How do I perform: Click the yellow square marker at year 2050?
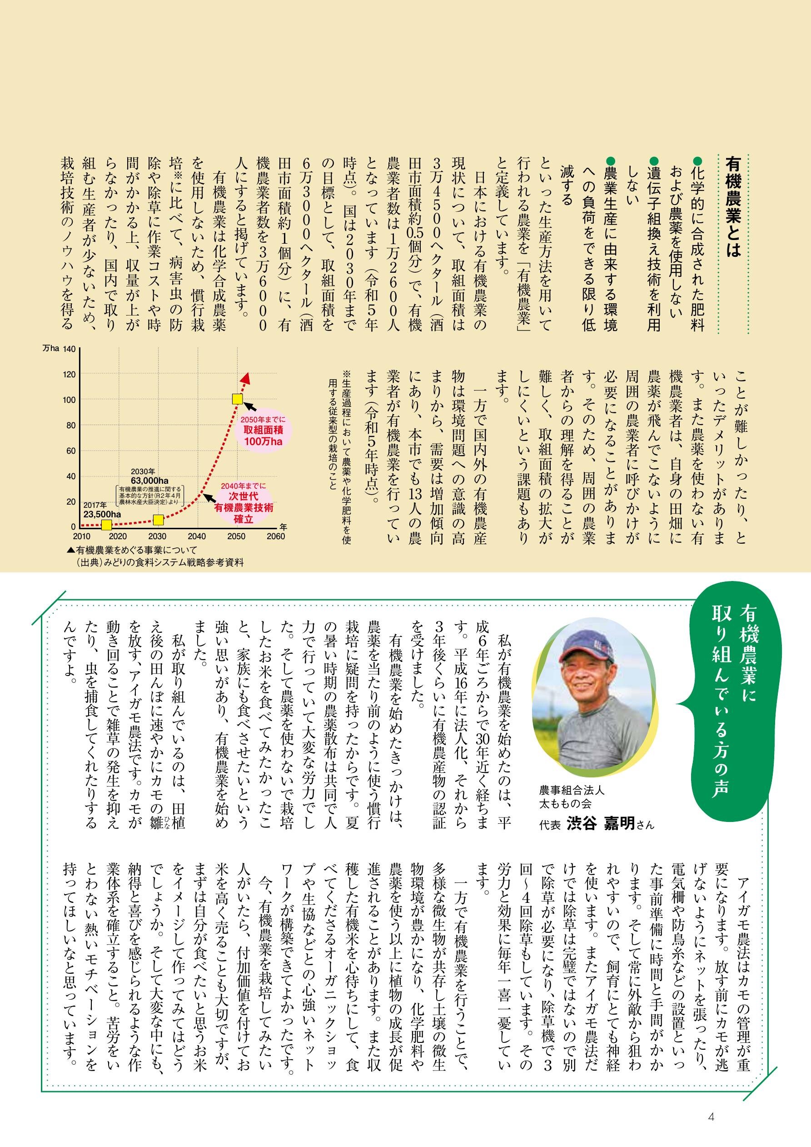(x=238, y=399)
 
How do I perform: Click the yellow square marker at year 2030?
(x=158, y=520)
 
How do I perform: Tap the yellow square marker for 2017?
(x=106, y=525)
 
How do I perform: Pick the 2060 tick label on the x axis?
(x=276, y=536)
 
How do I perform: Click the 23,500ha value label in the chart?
(x=102, y=514)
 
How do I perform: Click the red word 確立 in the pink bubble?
(x=244, y=519)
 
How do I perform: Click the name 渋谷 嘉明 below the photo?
(x=605, y=823)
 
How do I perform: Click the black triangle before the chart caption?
(x=70, y=550)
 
